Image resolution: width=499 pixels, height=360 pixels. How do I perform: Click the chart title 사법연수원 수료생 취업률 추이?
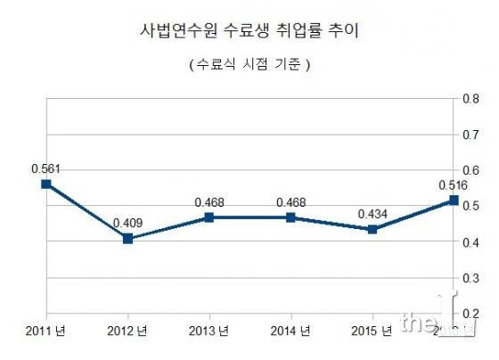(x=250, y=31)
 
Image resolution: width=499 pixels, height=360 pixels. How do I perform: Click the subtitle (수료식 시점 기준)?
(x=250, y=65)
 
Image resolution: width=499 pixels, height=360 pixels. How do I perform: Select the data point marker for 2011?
(x=45, y=184)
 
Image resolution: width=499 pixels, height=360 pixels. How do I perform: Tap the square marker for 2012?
(x=127, y=239)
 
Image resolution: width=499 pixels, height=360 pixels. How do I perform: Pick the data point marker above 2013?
(x=209, y=217)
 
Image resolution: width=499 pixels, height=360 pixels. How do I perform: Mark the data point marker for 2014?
(x=290, y=217)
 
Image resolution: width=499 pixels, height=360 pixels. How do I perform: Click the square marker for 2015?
(x=372, y=230)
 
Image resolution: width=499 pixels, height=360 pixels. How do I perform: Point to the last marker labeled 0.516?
(x=454, y=200)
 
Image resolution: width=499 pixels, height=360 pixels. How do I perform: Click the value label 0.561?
(x=45, y=168)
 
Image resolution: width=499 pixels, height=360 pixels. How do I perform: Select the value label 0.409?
(x=127, y=223)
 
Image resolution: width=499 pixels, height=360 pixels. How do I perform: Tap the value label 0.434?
(x=372, y=214)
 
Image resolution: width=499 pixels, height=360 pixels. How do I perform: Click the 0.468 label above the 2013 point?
(x=209, y=201)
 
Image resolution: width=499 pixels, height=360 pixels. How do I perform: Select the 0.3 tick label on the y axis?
(x=473, y=278)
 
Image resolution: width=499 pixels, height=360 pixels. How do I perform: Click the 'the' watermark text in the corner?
(x=419, y=323)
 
